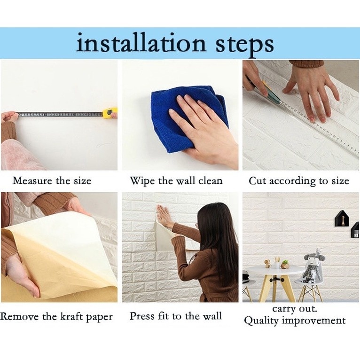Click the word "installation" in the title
click(141, 44)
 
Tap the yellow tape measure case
click(110, 113)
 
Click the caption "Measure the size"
click(52, 181)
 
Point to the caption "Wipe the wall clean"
click(176, 181)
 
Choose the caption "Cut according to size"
click(299, 181)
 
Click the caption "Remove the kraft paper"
click(56, 317)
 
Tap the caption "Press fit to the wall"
click(176, 316)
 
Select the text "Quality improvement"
click(295, 321)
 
